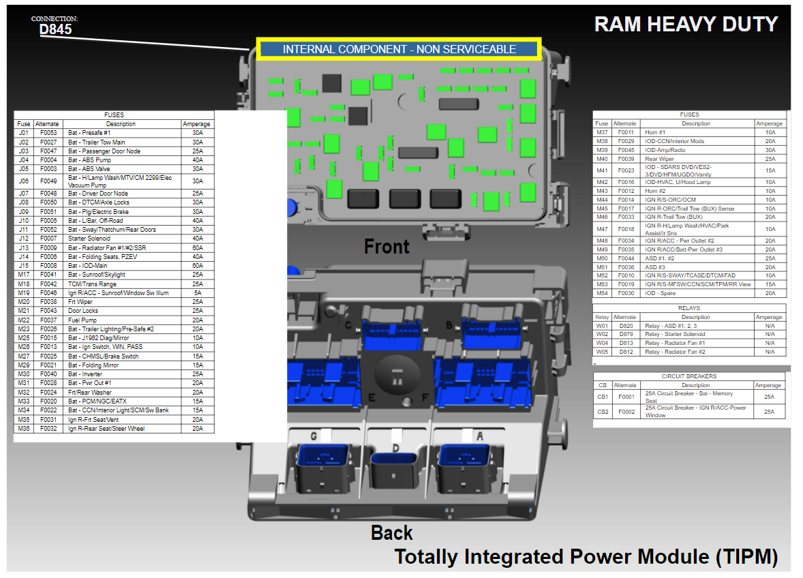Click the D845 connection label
(55, 29)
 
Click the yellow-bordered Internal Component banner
(399, 49)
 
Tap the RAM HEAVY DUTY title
(686, 25)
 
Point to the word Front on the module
(387, 246)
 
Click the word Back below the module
(392, 532)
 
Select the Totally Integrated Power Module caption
(586, 557)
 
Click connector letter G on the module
(314, 436)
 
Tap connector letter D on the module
(395, 448)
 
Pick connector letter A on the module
(479, 436)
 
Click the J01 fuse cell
(24, 133)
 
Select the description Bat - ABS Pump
(89, 159)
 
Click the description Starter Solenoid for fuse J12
(89, 239)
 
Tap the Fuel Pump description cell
(82, 320)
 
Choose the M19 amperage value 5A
(198, 293)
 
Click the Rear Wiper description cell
(659, 159)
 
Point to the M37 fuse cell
(602, 132)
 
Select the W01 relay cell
(602, 326)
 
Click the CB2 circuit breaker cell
(603, 412)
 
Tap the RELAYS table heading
(689, 308)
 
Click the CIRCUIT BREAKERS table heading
(689, 376)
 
